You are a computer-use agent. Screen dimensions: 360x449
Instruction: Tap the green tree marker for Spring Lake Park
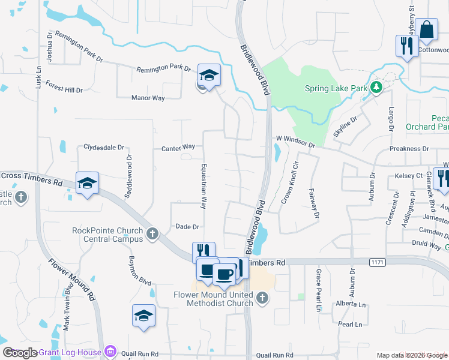376,88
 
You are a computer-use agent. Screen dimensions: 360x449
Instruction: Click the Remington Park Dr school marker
209,75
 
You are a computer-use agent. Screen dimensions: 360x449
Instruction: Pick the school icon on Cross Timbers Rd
87,184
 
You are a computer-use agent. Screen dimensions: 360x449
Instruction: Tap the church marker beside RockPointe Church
152,233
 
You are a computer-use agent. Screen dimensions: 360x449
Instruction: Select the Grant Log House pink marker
110,351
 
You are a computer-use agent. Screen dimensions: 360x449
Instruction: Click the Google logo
20,353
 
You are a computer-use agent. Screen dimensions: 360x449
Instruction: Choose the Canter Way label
178,147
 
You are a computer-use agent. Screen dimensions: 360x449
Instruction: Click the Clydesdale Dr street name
103,147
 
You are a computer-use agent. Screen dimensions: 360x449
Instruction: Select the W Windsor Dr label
295,142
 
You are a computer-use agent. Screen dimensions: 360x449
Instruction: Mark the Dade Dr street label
187,227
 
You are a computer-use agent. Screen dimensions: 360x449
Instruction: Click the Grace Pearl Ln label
318,290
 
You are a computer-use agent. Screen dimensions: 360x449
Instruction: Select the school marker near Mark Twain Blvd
143,316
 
